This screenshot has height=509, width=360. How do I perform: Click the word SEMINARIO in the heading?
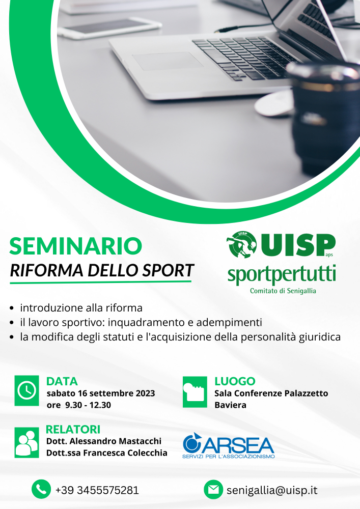click(x=76, y=246)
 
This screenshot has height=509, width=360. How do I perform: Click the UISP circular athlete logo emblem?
click(x=241, y=245)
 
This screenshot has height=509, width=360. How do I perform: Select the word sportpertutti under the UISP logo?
click(x=282, y=274)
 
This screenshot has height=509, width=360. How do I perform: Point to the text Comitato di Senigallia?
click(x=283, y=291)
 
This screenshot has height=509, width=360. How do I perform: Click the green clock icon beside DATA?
click(x=26, y=390)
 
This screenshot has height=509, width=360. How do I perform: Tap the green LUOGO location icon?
click(x=195, y=392)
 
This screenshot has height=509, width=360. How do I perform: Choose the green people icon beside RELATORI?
click(x=26, y=442)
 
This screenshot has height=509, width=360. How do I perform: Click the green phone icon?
click(x=41, y=489)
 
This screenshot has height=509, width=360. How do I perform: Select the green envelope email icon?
click(x=213, y=489)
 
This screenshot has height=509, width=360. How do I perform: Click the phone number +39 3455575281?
click(x=97, y=490)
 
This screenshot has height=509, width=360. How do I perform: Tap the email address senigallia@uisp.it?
click(x=272, y=490)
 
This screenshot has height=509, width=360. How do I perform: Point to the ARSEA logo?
click(x=229, y=445)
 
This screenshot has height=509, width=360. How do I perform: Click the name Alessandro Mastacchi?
click(x=115, y=441)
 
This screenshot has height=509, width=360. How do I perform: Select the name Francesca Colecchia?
click(x=125, y=453)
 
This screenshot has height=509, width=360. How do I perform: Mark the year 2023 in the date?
click(x=145, y=393)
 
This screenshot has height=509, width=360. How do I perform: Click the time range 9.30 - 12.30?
click(x=88, y=405)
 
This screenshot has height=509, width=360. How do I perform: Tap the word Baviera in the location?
click(x=230, y=405)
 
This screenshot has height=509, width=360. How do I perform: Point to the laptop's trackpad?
click(x=168, y=61)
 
